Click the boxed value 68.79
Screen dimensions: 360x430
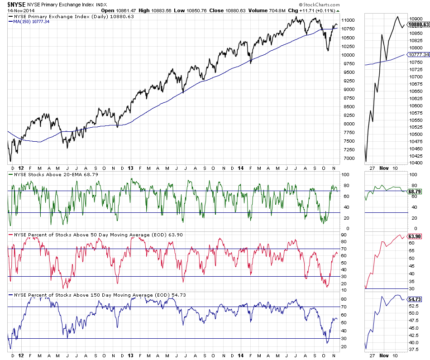click(x=415, y=192)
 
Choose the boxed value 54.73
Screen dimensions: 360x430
click(x=415, y=299)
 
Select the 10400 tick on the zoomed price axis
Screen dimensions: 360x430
click(x=415, y=163)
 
